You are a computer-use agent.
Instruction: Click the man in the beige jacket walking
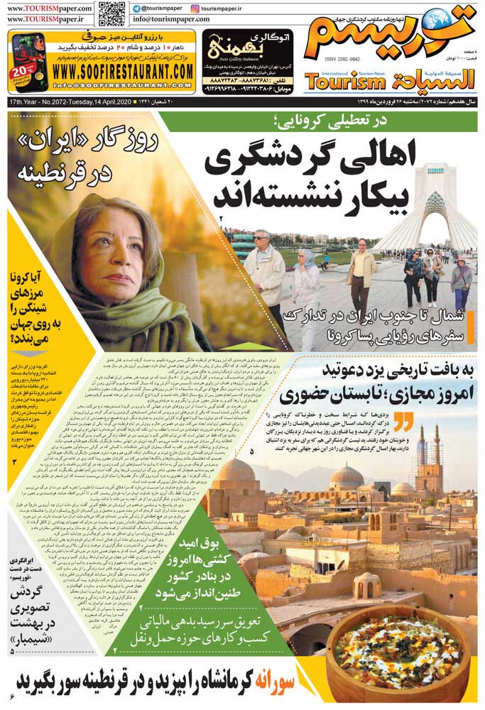point(362,273)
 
